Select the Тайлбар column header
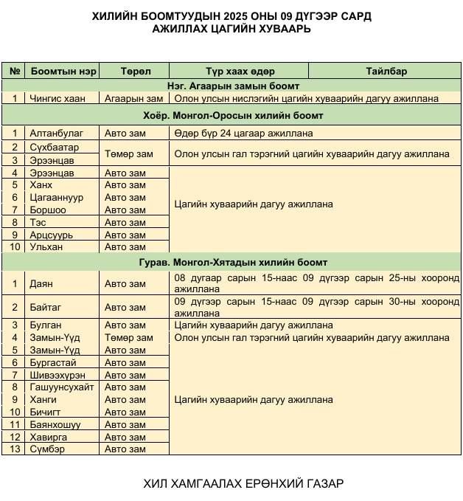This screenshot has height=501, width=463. (x=386, y=72)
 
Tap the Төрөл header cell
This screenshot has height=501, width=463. (x=135, y=72)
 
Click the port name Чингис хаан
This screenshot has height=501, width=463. (x=57, y=98)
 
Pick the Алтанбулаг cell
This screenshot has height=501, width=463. (x=56, y=134)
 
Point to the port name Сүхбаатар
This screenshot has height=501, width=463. (x=54, y=148)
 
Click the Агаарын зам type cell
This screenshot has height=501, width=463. (x=133, y=98)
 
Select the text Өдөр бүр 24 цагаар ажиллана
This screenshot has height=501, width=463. (x=243, y=134)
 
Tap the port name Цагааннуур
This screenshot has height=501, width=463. (x=56, y=198)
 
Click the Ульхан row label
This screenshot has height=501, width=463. (x=46, y=247)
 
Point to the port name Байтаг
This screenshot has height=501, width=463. (x=46, y=307)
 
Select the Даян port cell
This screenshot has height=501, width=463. (x=41, y=283)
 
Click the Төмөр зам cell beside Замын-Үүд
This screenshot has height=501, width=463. (x=129, y=338)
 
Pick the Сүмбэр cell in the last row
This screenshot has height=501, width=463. (x=48, y=449)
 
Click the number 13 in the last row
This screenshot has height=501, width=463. (x=14, y=449)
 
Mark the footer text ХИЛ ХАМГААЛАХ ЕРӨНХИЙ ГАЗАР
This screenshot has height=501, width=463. (x=243, y=484)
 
